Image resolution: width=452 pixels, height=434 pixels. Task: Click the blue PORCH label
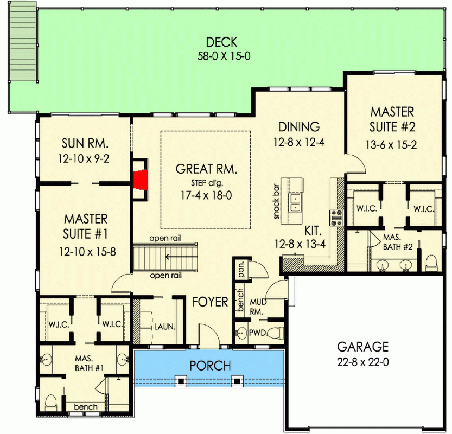(210, 366)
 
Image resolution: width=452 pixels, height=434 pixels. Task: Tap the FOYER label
(210, 302)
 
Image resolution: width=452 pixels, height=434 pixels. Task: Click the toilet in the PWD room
(277, 333)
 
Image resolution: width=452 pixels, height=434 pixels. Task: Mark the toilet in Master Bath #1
(52, 402)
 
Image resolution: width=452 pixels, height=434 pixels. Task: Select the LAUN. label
(164, 327)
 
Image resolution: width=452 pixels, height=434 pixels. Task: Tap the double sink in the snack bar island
(296, 202)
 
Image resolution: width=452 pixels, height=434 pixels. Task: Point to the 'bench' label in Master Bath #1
(86, 407)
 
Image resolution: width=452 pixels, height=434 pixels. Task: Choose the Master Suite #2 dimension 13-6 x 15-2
(392, 145)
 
